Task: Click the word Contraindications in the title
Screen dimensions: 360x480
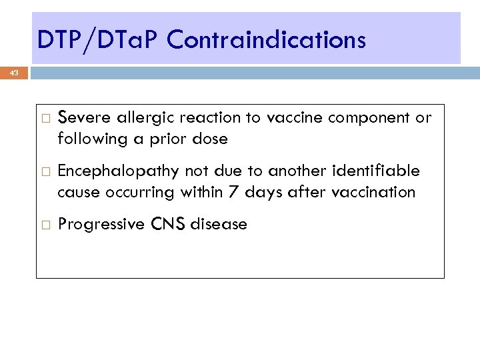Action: click(266, 41)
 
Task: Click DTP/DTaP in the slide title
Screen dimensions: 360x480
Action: click(99, 41)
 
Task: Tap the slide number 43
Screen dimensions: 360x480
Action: click(14, 73)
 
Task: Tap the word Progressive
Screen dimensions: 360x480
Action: click(101, 225)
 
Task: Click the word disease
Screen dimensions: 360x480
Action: click(219, 225)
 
